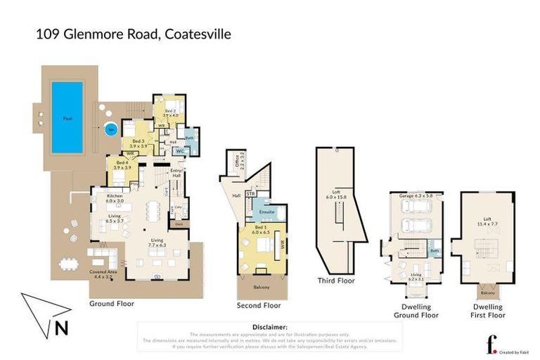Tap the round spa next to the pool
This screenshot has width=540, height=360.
[110, 130]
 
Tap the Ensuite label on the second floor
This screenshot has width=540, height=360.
[266, 212]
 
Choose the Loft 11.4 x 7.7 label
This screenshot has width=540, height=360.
[488, 221]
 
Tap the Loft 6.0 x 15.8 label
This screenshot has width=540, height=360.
[340, 194]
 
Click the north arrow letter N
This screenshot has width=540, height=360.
[61, 327]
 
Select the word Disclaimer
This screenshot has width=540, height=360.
[269, 327]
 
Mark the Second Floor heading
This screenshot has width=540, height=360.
[260, 305]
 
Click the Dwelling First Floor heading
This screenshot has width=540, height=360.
[487, 311]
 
